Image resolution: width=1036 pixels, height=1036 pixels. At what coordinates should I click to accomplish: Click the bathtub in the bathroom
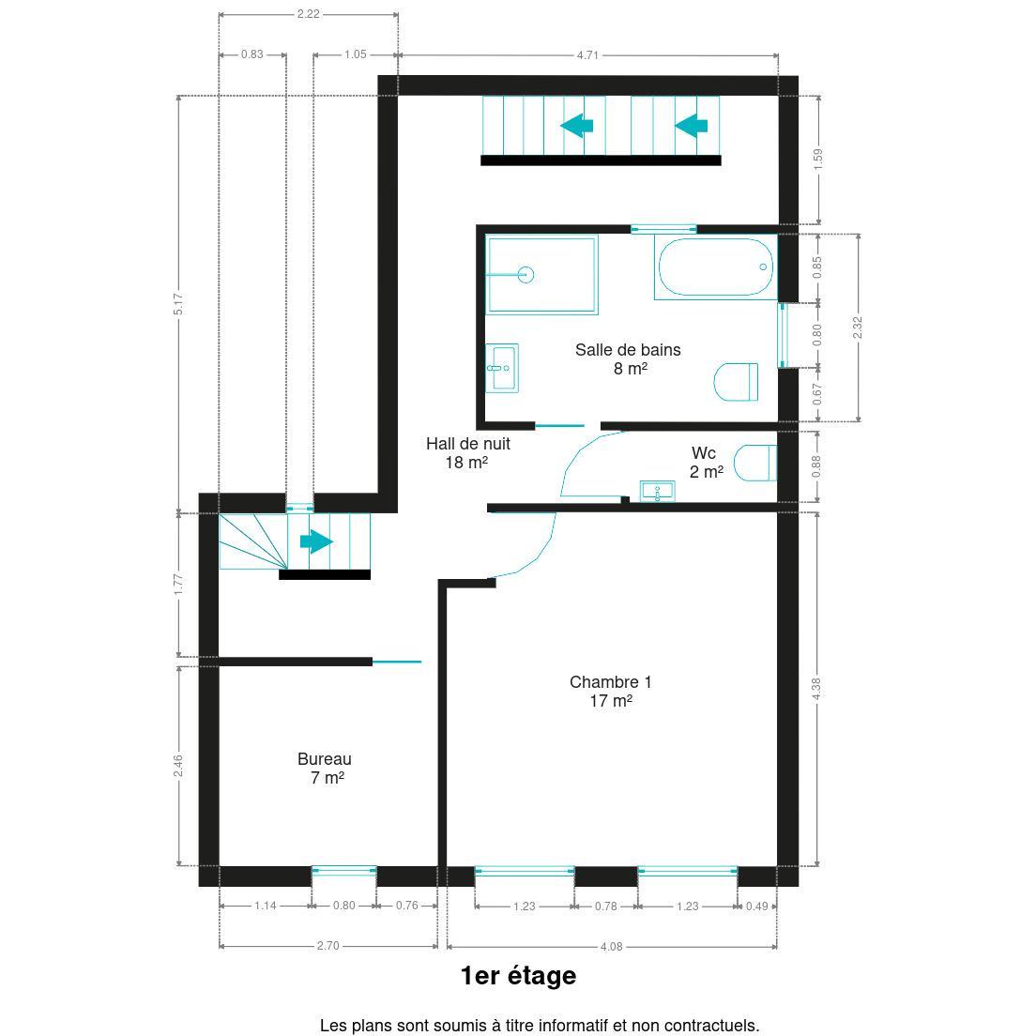(x=716, y=267)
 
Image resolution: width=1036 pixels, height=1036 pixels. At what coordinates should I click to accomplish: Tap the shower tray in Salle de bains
(x=541, y=274)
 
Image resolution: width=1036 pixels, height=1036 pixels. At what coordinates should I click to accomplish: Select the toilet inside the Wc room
(x=755, y=464)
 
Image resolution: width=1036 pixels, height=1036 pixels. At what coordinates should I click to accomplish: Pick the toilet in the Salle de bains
(x=736, y=382)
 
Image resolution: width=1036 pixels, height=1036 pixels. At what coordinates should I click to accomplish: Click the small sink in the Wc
(x=658, y=491)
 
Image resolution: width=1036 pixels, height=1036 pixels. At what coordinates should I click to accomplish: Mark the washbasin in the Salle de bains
(x=502, y=368)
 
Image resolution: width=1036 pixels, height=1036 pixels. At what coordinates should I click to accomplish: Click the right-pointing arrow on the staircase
(x=316, y=541)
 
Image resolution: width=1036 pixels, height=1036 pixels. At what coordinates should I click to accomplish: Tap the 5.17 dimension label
(x=178, y=304)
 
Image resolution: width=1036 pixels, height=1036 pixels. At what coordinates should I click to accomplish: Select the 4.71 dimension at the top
(x=587, y=54)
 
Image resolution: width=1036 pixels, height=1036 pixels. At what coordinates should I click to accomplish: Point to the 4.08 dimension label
(x=611, y=946)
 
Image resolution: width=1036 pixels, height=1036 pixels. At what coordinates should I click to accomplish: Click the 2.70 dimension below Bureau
(x=328, y=946)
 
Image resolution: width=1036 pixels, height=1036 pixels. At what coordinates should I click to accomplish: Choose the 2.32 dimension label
(x=858, y=328)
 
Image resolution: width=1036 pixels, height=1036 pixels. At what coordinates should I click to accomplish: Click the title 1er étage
(x=518, y=975)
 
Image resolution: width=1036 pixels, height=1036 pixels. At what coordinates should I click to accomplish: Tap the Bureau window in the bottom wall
(x=343, y=872)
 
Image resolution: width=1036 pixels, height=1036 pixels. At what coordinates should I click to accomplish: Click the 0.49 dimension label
(x=756, y=906)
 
